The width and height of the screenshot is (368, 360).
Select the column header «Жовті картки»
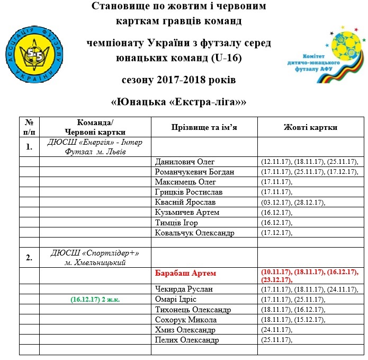310,127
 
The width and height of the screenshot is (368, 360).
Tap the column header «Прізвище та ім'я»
204,127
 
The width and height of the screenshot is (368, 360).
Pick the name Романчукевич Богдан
194,172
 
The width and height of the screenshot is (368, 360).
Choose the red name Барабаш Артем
186,274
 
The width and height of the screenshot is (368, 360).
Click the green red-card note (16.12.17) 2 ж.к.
95,300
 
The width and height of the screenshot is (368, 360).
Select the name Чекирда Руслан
184,289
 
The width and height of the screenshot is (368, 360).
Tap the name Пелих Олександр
187,340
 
